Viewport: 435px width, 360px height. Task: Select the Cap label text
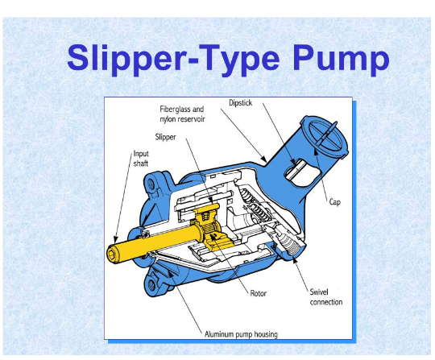[336, 202]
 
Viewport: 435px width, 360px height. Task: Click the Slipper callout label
[167, 137]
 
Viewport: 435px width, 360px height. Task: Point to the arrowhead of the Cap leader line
[317, 160]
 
